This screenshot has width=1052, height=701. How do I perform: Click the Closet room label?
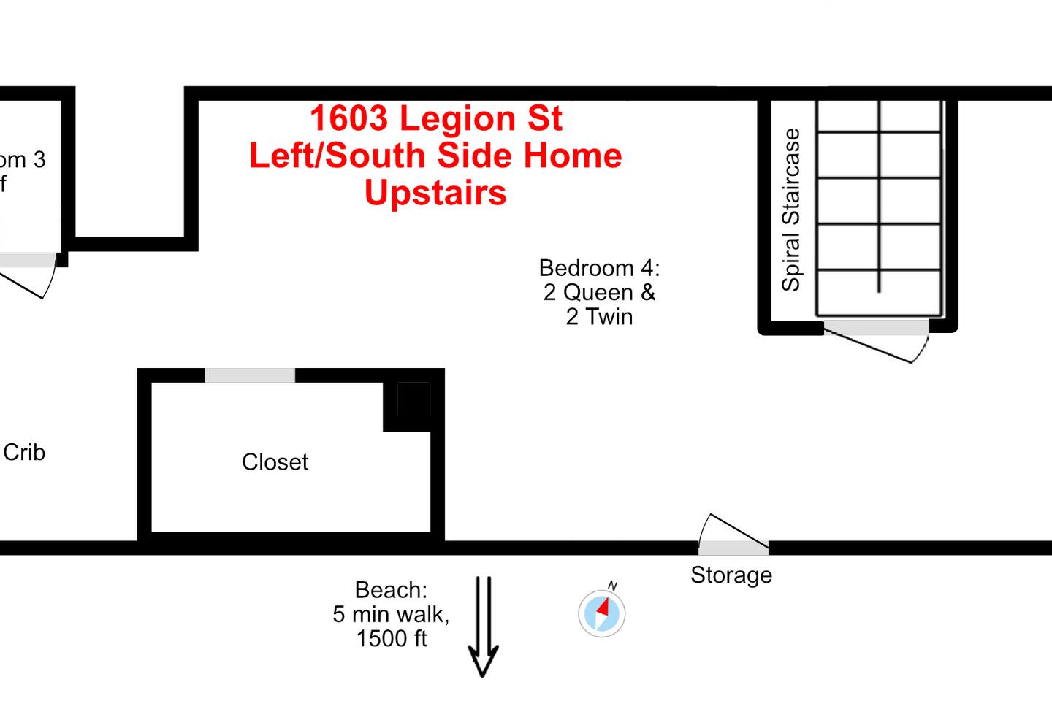275,462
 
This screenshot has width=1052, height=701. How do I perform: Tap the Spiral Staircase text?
791,210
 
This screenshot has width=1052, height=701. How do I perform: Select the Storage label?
731,575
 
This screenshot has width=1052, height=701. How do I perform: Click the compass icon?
601,613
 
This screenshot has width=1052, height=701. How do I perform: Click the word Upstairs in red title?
435,193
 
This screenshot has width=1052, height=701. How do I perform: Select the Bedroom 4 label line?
599,268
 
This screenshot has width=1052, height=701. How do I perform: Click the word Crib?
24,453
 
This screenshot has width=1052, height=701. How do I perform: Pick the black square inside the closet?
413,400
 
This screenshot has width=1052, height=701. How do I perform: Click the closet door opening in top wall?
250,375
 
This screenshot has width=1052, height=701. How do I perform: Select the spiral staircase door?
876,328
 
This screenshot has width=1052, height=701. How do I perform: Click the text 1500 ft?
392,639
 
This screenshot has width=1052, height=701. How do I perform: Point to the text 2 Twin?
599,317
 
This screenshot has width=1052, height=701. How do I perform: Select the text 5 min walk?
391,614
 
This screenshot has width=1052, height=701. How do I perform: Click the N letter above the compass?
612,586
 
